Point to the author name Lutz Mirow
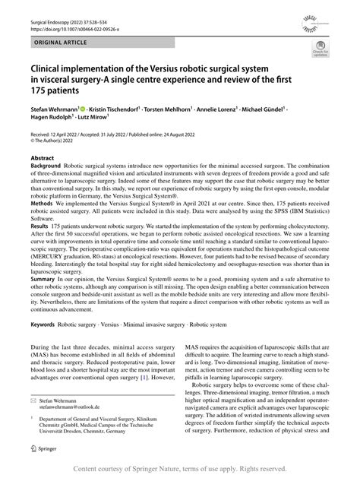[91, 120]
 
